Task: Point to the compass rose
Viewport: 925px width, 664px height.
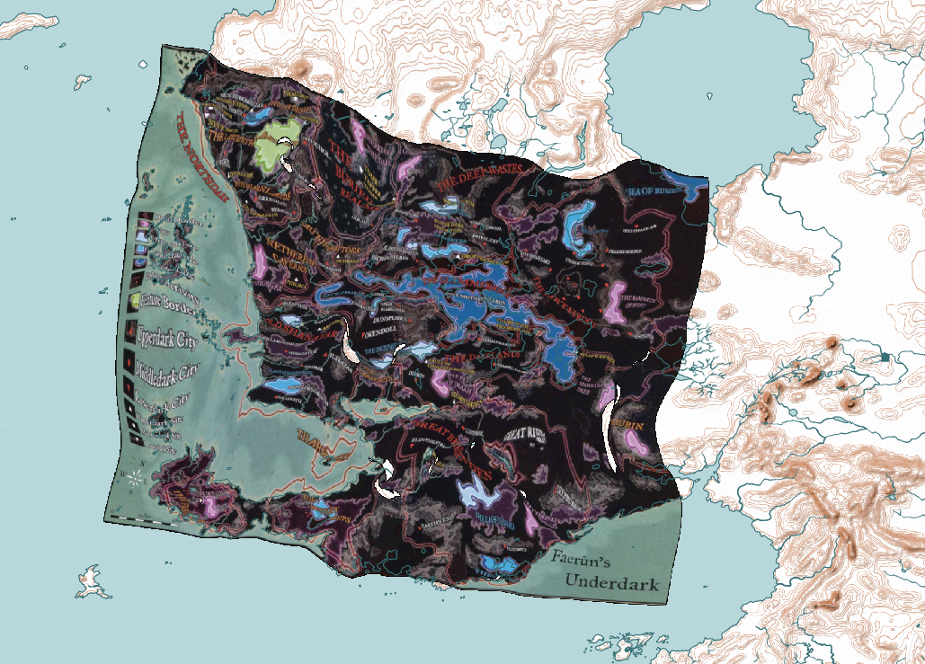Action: (134, 475)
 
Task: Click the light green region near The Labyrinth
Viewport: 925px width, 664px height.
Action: (278, 144)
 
